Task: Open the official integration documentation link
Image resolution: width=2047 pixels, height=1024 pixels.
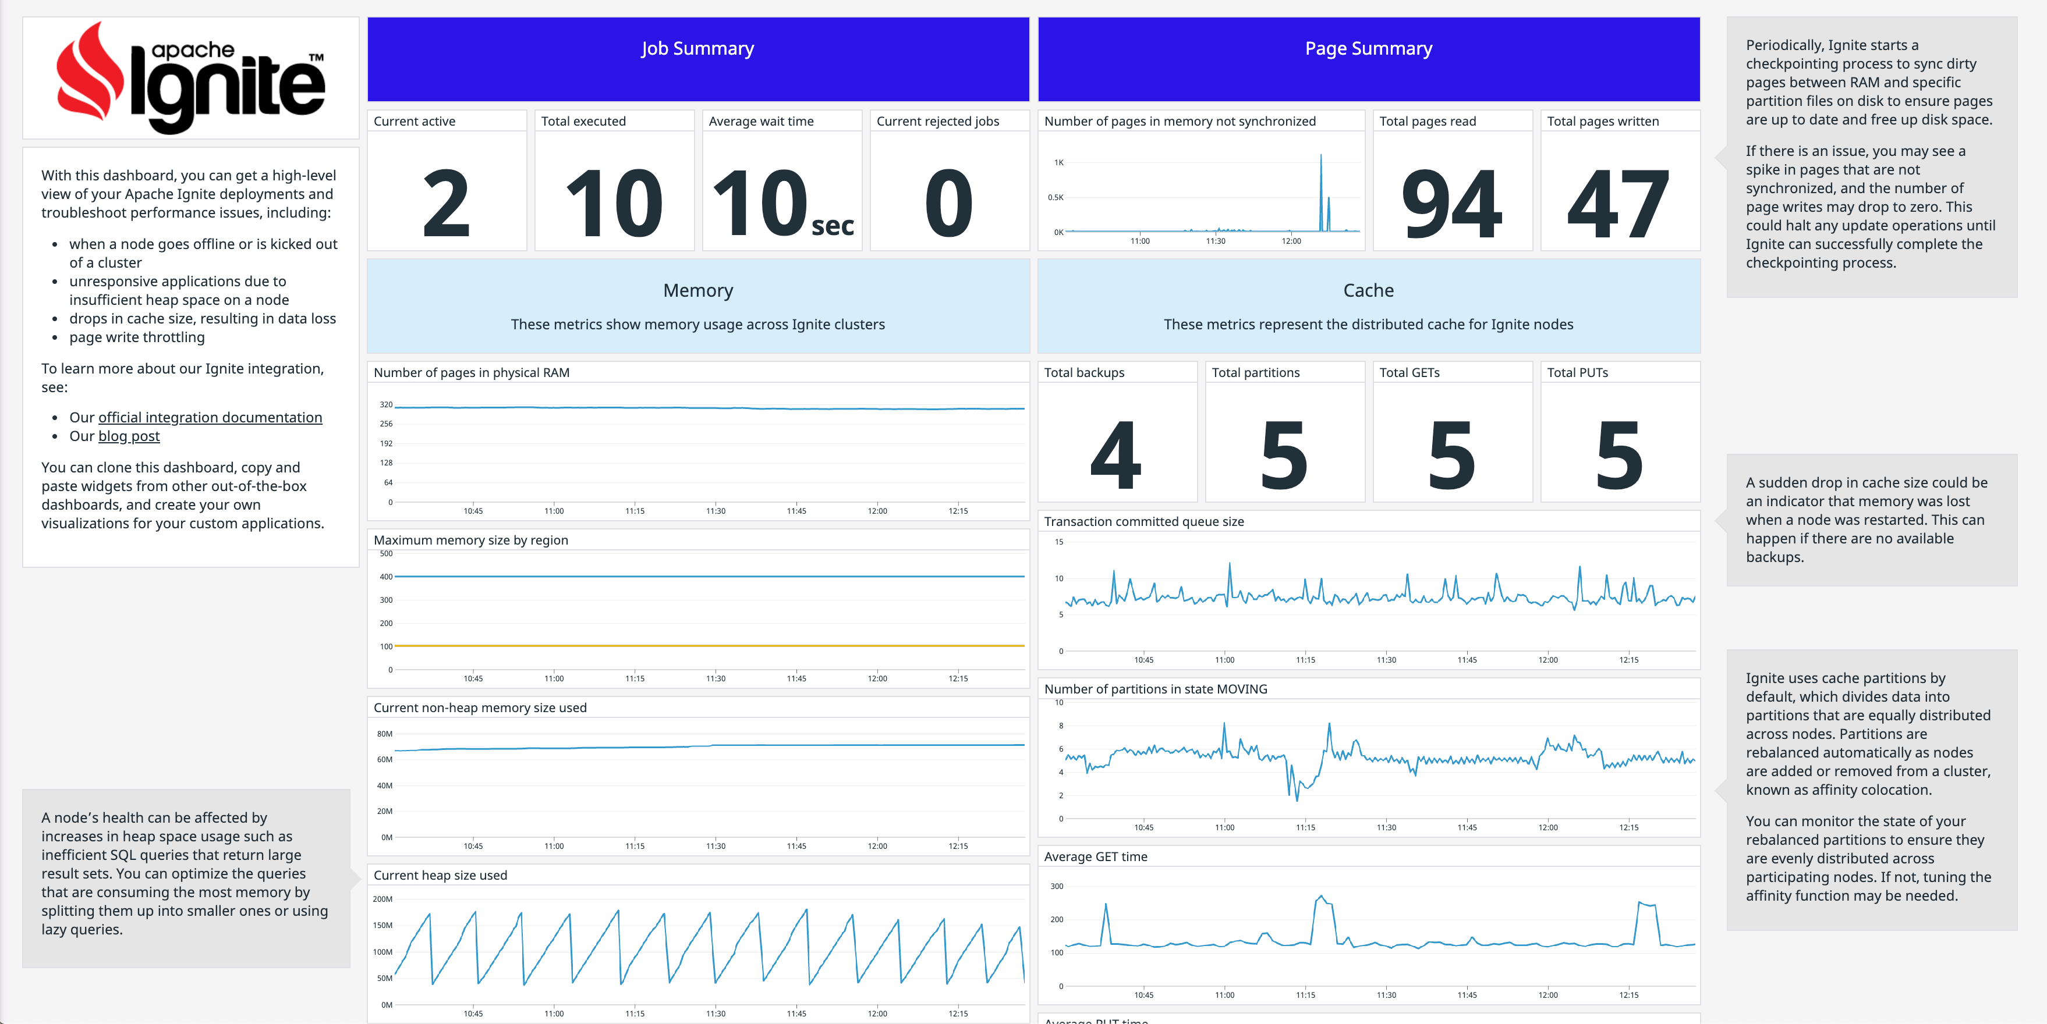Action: [x=210, y=417]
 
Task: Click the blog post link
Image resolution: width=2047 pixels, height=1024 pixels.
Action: [x=129, y=436]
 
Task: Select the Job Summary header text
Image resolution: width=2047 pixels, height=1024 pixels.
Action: [x=697, y=48]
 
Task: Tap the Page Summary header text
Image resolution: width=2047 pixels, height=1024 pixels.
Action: [x=1368, y=48]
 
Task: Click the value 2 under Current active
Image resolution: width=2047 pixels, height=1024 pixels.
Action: [x=446, y=204]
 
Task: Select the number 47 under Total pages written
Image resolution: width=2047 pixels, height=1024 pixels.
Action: [x=1619, y=204]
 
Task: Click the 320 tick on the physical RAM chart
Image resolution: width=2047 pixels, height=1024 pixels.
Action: [x=386, y=404]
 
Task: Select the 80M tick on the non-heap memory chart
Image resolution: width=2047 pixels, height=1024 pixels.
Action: [x=385, y=733]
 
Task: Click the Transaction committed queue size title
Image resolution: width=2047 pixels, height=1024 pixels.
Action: [x=1143, y=521]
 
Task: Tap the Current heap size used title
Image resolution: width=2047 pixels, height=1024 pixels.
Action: [x=440, y=874]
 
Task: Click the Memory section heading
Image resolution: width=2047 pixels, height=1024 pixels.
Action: [x=697, y=290]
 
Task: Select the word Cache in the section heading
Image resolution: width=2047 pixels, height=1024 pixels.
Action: [x=1368, y=290]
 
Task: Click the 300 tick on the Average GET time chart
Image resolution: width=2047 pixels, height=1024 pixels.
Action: [x=1056, y=886]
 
